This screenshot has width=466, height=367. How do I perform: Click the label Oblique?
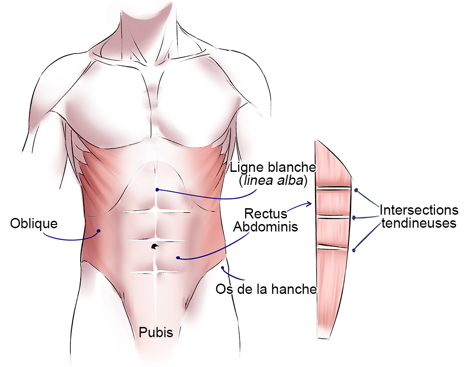[34, 224]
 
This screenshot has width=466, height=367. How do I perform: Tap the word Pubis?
[156, 333]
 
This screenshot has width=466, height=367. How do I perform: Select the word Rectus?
[266, 214]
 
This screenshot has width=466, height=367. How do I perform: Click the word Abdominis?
[266, 227]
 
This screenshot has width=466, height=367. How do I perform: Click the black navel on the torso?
[155, 246]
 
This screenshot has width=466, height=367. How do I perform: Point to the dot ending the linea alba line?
[158, 190]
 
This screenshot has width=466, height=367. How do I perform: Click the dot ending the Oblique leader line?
[98, 231]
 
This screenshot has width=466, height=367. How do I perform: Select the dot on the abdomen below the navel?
[178, 258]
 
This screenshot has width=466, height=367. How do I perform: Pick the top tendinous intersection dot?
[356, 190]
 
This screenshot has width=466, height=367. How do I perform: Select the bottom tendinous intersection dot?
[354, 251]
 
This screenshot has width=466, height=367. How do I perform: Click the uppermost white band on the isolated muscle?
[333, 189]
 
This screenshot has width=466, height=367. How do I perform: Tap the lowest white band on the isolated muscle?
[333, 247]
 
